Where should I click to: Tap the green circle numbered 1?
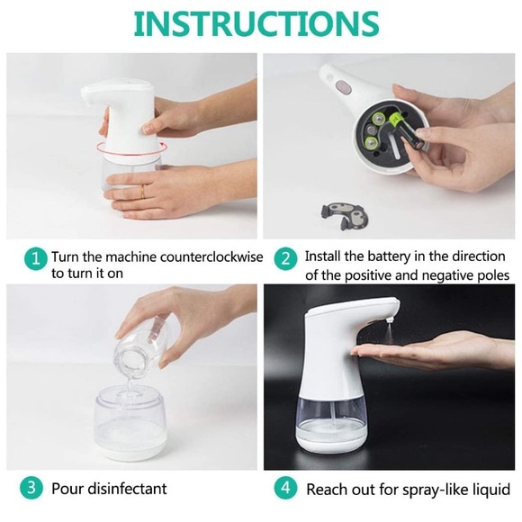[x=34, y=259]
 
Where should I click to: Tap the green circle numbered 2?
[x=284, y=259]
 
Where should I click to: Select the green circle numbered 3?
[x=34, y=489]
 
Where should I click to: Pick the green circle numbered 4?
[x=284, y=489]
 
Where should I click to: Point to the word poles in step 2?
[x=490, y=274]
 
